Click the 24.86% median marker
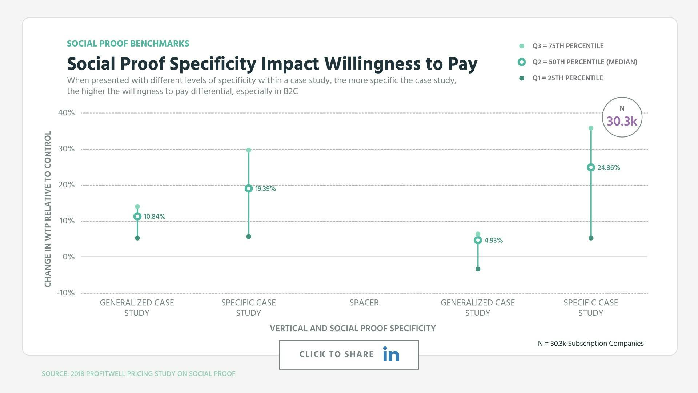click(x=591, y=167)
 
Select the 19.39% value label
click(x=265, y=188)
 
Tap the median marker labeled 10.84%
click(x=137, y=216)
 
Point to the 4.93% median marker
click(x=478, y=240)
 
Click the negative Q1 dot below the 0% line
click(x=478, y=269)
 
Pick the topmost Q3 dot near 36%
click(x=591, y=128)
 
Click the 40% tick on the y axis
click(x=66, y=113)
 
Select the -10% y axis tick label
click(x=66, y=293)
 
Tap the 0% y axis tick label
click(x=68, y=257)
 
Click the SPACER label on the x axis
click(x=364, y=302)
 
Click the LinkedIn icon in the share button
click(x=391, y=354)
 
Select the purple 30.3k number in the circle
click(x=622, y=121)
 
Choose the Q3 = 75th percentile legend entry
click(x=567, y=46)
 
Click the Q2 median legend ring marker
click(x=522, y=62)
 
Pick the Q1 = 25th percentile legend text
click(x=567, y=78)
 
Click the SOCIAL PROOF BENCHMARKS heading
click(x=128, y=44)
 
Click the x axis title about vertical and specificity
click(x=353, y=328)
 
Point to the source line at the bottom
click(x=138, y=374)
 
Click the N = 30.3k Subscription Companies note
click(x=590, y=343)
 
